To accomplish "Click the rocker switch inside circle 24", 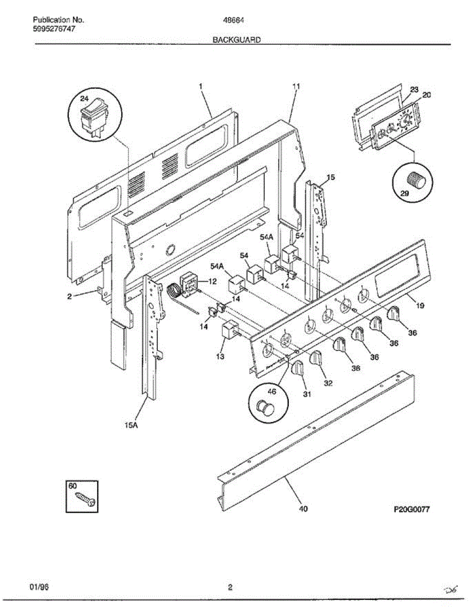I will pos(95,117).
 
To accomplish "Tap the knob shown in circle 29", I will pos(417,181).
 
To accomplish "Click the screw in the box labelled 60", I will pos(84,499).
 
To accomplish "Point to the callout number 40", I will pos(303,508).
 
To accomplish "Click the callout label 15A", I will pos(131,425).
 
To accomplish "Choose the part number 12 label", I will pos(212,281).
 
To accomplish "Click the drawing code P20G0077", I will pos(411,510).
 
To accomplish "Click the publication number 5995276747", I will pos(55,29).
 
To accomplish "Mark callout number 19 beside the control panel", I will pos(420,306).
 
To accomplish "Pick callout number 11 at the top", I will pos(296,86).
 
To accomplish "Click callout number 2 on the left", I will pos(69,297).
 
